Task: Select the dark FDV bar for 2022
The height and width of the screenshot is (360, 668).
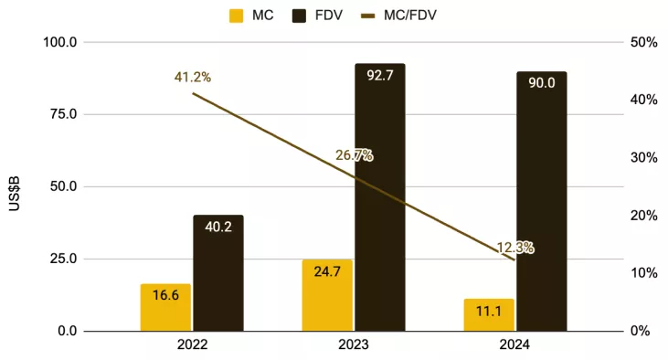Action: pos(218,273)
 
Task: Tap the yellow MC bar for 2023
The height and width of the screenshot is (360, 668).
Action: pos(327,295)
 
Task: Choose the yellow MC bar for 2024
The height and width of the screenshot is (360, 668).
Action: pos(489,314)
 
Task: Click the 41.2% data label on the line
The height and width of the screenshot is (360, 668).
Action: pos(193,78)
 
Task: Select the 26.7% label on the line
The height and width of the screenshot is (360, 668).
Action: pos(354,155)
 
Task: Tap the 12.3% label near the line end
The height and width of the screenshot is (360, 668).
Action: pos(515,248)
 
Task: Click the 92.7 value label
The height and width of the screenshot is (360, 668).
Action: pos(380,76)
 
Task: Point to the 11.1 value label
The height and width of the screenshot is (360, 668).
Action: pos(489,312)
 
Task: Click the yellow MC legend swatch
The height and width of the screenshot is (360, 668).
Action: pos(236,16)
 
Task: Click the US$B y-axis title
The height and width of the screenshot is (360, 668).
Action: pos(15,186)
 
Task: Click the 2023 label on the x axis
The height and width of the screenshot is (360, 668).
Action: pos(354,346)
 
